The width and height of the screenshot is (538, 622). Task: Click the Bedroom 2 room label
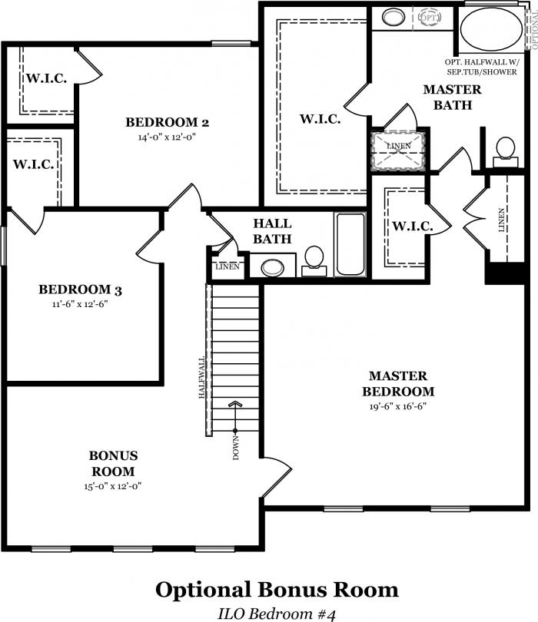tap(167, 122)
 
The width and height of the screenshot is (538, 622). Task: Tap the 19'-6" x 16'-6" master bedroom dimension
tap(398, 406)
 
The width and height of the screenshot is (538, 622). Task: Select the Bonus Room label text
tap(113, 463)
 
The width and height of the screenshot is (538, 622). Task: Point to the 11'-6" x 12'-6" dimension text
tap(80, 304)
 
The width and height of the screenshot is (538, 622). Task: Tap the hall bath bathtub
tap(350, 244)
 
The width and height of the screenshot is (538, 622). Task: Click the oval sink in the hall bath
tap(273, 268)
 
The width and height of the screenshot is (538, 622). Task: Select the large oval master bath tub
tap(492, 29)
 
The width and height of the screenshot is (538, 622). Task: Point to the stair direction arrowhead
tap(235, 404)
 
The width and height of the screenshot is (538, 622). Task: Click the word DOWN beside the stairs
tap(237, 448)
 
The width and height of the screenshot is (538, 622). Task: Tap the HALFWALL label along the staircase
tap(201, 377)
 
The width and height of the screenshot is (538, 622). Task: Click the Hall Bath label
tap(272, 231)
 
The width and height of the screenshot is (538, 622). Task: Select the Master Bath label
tap(452, 98)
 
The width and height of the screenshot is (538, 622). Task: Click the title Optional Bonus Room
tap(277, 590)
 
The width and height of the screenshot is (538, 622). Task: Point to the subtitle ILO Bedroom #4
tap(277, 614)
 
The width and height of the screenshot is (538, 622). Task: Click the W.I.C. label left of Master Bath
tap(320, 119)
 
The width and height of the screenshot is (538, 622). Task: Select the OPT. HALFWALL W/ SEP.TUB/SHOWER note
tap(482, 67)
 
